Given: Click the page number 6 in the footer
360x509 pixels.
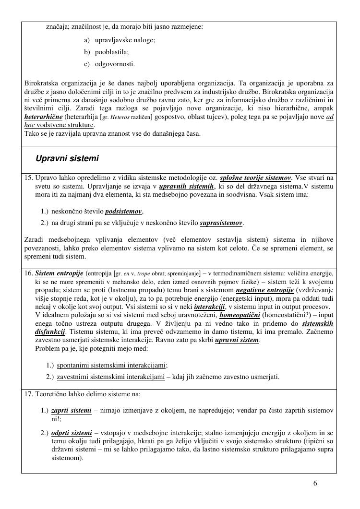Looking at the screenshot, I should click(315, 483).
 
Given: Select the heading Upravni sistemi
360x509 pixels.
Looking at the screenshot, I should click(67, 158).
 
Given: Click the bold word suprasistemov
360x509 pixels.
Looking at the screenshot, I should click(221, 223).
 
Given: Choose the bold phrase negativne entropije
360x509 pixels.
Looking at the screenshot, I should click(263, 290).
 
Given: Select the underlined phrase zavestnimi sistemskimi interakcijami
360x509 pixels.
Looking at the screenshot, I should click(111, 377).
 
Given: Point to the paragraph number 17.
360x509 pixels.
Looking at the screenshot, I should click(28, 394).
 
